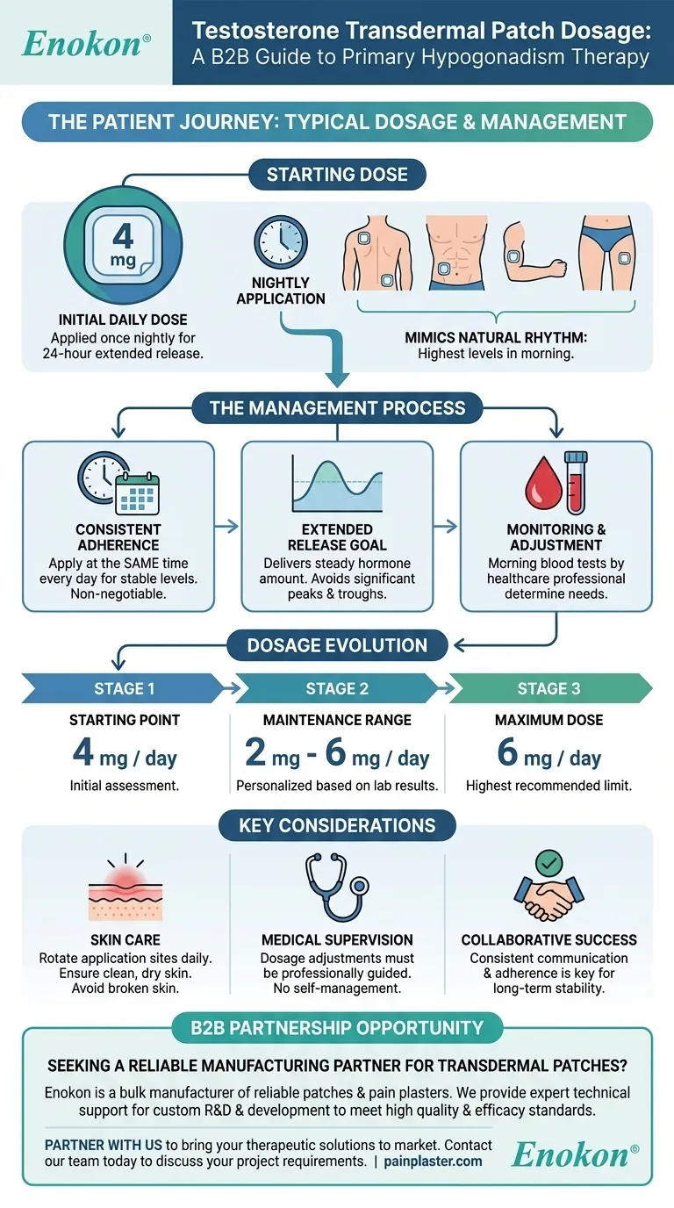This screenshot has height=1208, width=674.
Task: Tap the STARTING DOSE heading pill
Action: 337,174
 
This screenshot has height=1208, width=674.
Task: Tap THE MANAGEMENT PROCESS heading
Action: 337,407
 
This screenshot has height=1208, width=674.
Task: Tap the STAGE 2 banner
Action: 337,688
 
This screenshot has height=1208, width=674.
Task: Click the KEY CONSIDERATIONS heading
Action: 337,825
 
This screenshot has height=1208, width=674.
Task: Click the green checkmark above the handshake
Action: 550,864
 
